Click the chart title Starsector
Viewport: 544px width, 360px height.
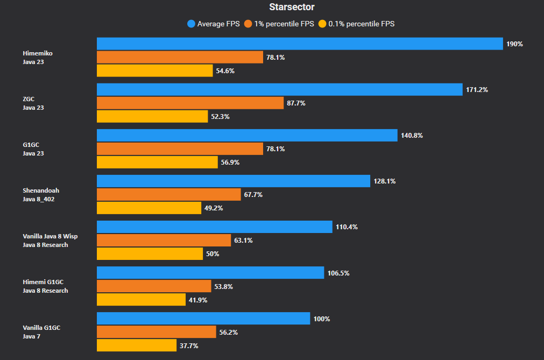(292, 7)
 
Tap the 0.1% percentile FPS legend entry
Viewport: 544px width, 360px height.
(357, 24)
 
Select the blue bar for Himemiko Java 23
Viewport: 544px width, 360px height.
(300, 44)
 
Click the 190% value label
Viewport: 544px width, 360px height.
(514, 44)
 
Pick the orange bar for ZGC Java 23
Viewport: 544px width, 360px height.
(190, 103)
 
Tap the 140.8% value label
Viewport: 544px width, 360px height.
(412, 136)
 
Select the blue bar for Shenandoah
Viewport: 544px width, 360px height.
(234, 181)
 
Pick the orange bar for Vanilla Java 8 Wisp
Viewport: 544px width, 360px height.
(164, 240)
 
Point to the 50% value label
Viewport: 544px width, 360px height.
(213, 254)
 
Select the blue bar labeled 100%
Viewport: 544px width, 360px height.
(203, 319)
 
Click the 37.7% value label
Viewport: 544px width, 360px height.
(189, 345)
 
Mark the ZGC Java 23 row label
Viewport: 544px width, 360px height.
(33, 103)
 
